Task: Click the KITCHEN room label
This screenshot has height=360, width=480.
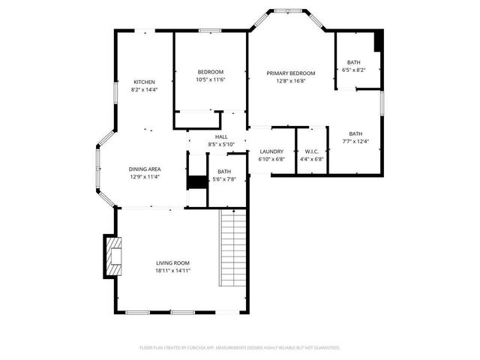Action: pyautogui.click(x=144, y=82)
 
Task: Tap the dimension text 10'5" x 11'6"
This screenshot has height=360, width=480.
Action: pyautogui.click(x=211, y=79)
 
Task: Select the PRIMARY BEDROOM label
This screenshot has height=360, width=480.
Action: pyautogui.click(x=291, y=73)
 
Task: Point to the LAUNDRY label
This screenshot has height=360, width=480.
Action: pyautogui.click(x=271, y=151)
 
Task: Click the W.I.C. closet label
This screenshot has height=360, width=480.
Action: pyautogui.click(x=311, y=151)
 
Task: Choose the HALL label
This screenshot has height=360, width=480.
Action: pyautogui.click(x=221, y=136)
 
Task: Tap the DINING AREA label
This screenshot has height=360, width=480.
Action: pyautogui.click(x=145, y=169)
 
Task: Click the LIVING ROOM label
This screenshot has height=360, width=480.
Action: pyautogui.click(x=172, y=262)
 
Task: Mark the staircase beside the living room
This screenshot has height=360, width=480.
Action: pyautogui.click(x=233, y=247)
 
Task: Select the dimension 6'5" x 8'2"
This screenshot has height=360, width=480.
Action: pyautogui.click(x=353, y=69)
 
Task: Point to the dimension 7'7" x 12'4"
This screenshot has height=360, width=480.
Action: pyautogui.click(x=355, y=141)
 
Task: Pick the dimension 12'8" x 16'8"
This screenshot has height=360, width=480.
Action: pyautogui.click(x=291, y=80)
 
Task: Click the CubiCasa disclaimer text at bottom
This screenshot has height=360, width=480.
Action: pyautogui.click(x=240, y=348)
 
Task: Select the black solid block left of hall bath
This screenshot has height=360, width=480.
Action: pyautogui.click(x=196, y=181)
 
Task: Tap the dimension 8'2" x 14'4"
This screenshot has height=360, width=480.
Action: pyautogui.click(x=144, y=89)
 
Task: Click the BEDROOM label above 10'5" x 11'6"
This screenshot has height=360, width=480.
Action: pyautogui.click(x=211, y=72)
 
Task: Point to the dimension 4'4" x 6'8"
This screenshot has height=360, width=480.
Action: pyautogui.click(x=311, y=159)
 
